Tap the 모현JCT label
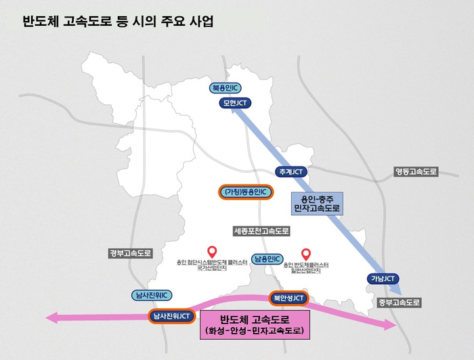point(236,104)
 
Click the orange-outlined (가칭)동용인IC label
point(246,192)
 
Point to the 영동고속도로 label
point(416,172)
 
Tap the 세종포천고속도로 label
point(261,231)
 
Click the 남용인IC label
point(267,258)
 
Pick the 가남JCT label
point(384,279)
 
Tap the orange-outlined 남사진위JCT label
point(172,316)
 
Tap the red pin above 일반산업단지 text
point(305,252)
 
